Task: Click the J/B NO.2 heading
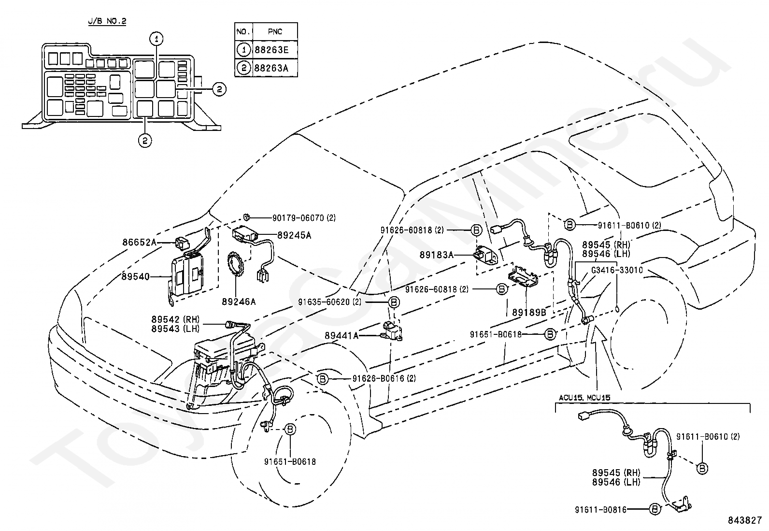click(x=107, y=21)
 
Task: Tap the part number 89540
click(x=136, y=276)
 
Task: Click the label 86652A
click(x=140, y=243)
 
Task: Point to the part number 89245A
click(x=294, y=235)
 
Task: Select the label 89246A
click(x=239, y=301)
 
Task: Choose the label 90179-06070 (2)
click(x=304, y=218)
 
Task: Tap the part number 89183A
click(x=437, y=255)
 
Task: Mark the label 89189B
click(x=529, y=313)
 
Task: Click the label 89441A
click(x=342, y=336)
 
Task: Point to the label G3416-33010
click(x=617, y=270)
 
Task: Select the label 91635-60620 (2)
click(x=329, y=302)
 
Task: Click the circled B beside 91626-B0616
click(x=322, y=379)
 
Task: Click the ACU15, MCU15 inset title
click(x=584, y=398)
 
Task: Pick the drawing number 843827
click(x=745, y=520)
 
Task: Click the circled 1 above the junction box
click(x=156, y=39)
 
